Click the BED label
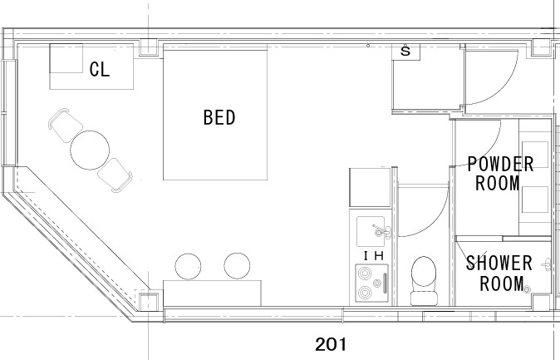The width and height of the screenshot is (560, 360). tap(219, 117)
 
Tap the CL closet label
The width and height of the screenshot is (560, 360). tap(100, 69)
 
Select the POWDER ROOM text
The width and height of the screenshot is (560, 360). tap(500, 174)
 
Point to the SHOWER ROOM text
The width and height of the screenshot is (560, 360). tap(499, 274)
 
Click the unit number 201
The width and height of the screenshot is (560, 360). tap(331, 345)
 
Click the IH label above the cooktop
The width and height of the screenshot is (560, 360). tap(374, 256)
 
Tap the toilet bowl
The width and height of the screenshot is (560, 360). tap(424, 271)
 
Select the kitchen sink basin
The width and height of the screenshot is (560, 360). tap(371, 232)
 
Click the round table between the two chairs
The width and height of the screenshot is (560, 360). tap(90, 150)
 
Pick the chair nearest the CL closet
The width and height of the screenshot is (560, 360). tap(66, 125)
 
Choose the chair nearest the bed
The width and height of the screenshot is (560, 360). tap(115, 175)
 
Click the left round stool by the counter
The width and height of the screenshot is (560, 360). tap(188, 266)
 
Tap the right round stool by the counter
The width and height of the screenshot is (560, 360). tap(237, 265)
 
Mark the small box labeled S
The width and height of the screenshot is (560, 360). tap(405, 52)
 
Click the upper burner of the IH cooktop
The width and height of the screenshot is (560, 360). tap(365, 274)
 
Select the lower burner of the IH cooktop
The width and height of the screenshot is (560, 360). tap(365, 293)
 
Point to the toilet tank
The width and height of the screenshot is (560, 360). tap(424, 298)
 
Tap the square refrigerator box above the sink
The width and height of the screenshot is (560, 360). tap(370, 187)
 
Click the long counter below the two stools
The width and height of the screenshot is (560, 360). tap(212, 293)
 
